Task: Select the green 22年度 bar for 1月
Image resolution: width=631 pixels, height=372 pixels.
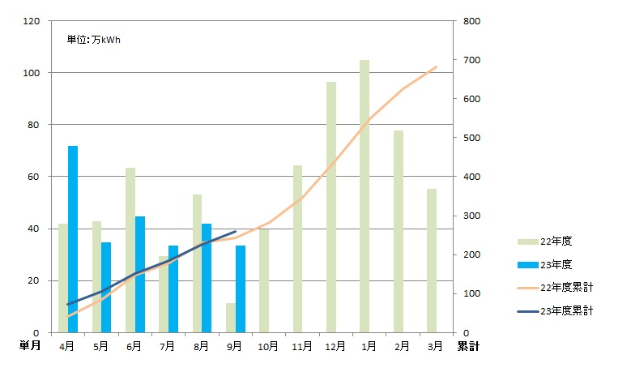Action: pos(365,196)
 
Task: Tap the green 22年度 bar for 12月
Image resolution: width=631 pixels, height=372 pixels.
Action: pos(330,207)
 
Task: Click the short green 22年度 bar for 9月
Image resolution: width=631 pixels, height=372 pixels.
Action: pos(230,318)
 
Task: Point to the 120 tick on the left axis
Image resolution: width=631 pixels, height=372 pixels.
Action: pos(33,21)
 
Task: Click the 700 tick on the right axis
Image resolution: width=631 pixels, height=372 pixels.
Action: pos(471,60)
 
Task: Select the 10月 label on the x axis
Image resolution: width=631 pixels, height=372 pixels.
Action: pos(268,346)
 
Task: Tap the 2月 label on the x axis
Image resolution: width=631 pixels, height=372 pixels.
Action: pos(402,346)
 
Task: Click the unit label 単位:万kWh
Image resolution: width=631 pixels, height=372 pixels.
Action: pos(94,39)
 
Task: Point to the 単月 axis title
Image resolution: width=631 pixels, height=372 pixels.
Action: pos(31,346)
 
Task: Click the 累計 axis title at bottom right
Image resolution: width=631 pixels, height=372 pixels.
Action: pos(467,346)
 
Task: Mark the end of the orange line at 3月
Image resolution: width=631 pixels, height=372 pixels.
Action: pos(437,66)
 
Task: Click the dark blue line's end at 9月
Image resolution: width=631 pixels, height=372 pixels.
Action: pos(235,231)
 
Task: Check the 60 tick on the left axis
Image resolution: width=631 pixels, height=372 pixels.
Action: pos(36,177)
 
